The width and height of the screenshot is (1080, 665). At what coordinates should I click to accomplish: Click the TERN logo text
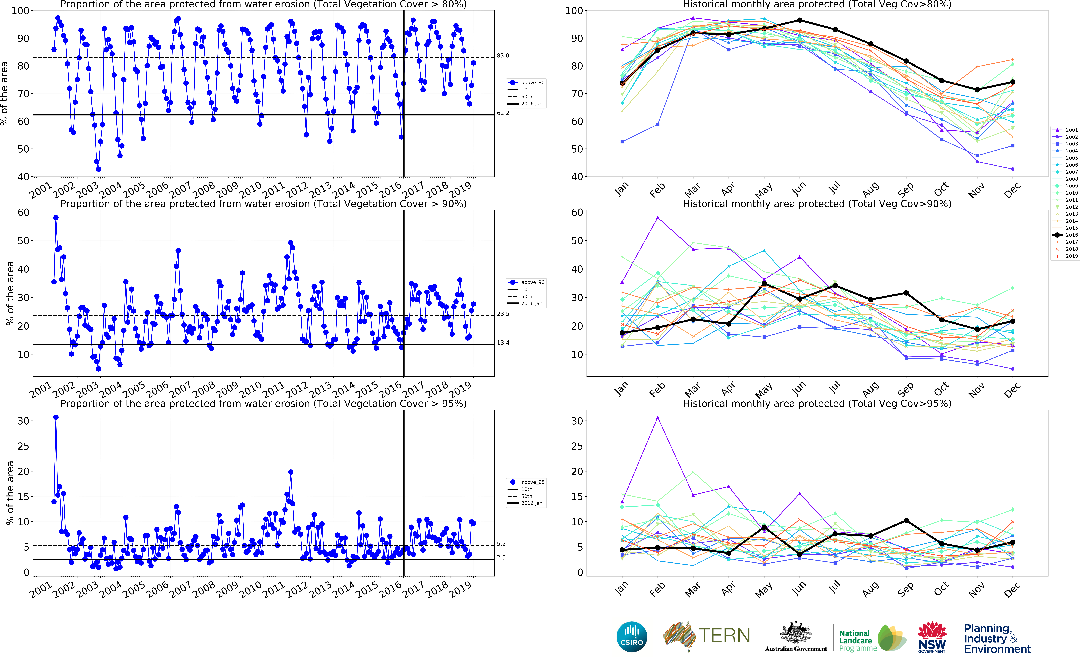point(724,636)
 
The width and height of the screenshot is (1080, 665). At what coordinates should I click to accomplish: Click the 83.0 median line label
point(503,55)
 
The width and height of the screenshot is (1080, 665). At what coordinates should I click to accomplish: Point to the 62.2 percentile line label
point(503,113)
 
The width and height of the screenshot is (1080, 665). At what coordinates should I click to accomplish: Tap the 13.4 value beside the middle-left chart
point(503,343)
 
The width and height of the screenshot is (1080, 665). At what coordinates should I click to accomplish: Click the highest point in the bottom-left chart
point(56,417)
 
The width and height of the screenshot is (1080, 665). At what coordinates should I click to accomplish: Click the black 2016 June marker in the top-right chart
point(799,20)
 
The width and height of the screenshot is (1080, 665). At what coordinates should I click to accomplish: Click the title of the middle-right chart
point(817,204)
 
